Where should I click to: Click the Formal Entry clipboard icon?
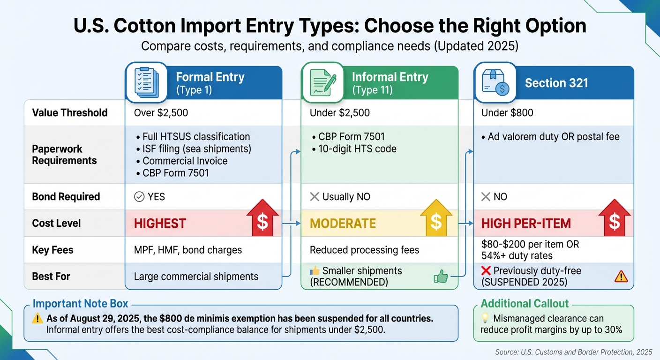(x=146, y=82)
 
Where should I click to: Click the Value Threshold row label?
(x=70, y=112)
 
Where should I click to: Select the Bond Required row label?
(x=66, y=196)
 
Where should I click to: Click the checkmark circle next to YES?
(x=139, y=197)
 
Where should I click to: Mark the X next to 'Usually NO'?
(x=315, y=197)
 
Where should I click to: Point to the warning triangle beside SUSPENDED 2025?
(x=621, y=277)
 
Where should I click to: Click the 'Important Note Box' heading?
(x=80, y=304)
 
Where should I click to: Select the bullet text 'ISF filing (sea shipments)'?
(x=196, y=149)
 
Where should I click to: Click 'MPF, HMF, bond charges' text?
(x=188, y=250)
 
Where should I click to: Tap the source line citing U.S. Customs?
(x=573, y=352)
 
